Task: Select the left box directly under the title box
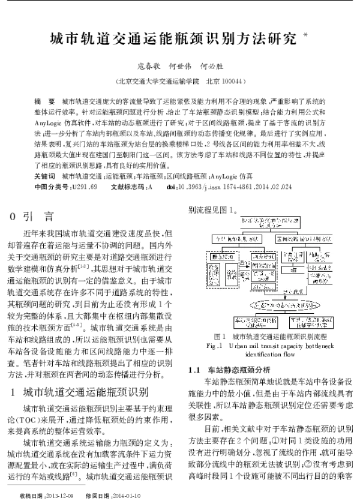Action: (236, 239)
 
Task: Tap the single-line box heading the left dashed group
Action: (220, 256)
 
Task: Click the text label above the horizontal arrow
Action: (244, 262)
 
